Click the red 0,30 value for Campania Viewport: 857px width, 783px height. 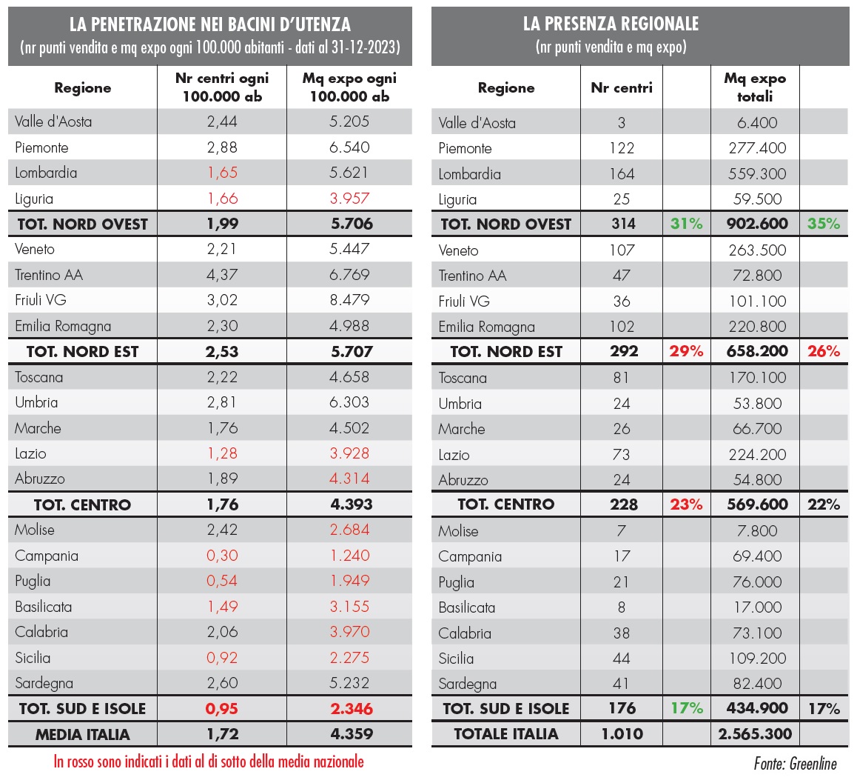pos(222,556)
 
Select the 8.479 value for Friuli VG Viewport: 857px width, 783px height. pos(349,300)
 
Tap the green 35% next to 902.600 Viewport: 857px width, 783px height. pos(824,224)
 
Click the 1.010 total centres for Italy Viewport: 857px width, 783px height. pos(622,734)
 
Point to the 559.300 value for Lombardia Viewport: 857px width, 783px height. pos(757,174)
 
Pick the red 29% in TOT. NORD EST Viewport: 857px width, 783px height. pos(686,351)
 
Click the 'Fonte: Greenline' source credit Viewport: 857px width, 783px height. pos(796,764)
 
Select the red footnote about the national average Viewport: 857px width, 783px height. pos(209,762)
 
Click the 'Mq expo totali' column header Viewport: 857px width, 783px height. pos(755,87)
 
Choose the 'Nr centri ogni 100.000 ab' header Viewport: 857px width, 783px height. pos(222,87)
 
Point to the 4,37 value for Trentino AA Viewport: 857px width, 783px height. pos(222,275)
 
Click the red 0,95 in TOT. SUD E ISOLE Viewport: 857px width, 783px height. pos(222,709)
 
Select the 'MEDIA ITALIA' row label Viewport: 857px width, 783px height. pos(82,735)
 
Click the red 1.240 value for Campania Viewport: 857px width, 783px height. pos(349,556)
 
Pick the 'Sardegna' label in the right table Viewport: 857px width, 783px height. pos(467,684)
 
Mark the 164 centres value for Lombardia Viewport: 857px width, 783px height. pos(622,174)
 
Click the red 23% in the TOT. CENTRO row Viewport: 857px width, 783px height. pos(686,504)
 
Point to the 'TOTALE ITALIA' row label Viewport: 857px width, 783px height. pos(506,734)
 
